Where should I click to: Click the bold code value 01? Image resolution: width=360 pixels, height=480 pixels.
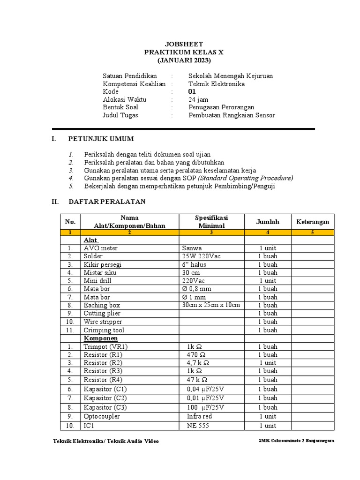pyautogui.click(x=192, y=91)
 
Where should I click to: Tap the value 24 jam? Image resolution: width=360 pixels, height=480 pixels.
pyautogui.click(x=199, y=99)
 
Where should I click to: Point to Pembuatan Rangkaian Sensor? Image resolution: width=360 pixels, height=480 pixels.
pyautogui.click(x=232, y=115)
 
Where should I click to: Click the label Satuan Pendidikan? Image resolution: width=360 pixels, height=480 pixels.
pyautogui.click(x=130, y=75)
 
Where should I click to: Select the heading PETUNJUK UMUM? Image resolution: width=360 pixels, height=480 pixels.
pyautogui.click(x=101, y=139)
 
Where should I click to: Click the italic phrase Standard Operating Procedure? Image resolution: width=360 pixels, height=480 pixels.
pyautogui.click(x=246, y=178)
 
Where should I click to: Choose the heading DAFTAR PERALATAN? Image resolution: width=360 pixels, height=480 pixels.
pyautogui.click(x=107, y=202)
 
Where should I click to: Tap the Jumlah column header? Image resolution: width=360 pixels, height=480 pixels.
pyautogui.click(x=268, y=222)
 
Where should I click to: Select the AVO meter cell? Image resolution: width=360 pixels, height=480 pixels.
pyautogui.click(x=101, y=248)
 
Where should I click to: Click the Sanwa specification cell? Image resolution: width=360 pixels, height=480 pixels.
pyautogui.click(x=192, y=248)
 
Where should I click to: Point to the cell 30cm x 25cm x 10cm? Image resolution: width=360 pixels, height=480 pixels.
pyautogui.click(x=211, y=305)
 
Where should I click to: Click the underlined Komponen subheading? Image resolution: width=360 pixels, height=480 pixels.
pyautogui.click(x=101, y=338)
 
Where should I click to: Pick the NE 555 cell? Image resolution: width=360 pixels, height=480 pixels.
pyautogui.click(x=198, y=426)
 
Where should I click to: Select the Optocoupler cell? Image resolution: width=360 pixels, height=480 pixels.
pyautogui.click(x=102, y=416)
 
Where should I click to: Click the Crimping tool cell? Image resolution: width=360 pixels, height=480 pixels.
pyautogui.click(x=104, y=330)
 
